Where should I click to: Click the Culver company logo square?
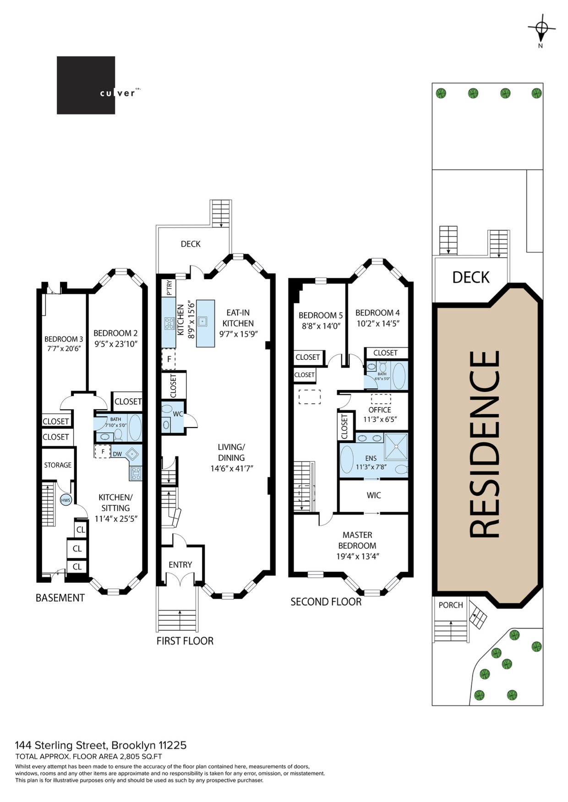tap(86, 85)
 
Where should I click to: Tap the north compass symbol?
tap(541, 29)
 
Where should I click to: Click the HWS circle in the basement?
tap(66, 500)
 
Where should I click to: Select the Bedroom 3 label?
tap(64, 339)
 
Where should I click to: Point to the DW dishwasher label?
tap(117, 454)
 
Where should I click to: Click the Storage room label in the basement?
tap(58, 465)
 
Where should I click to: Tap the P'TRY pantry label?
tap(169, 288)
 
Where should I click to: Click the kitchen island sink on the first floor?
tap(202, 322)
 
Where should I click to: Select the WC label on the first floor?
tap(178, 414)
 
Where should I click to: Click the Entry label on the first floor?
tap(180, 565)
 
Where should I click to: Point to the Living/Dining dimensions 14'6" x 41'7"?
tap(231, 468)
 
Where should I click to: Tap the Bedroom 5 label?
tap(320, 315)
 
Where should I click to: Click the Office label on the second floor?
tap(380, 410)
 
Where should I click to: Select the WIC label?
tap(374, 495)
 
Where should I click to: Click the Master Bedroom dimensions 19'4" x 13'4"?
tap(357, 556)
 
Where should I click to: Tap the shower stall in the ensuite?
tap(395, 446)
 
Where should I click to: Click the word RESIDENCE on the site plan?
tap(485, 444)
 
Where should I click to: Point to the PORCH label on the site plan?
tap(451, 605)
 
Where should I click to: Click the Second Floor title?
tap(326, 602)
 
